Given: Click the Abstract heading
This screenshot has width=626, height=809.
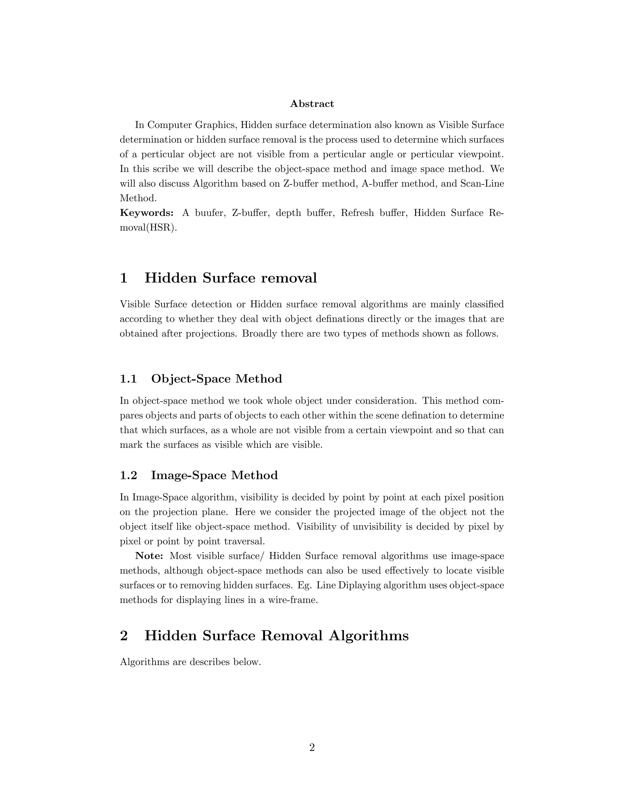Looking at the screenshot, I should pos(312,104).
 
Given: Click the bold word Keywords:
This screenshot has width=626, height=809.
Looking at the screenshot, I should pos(147,213).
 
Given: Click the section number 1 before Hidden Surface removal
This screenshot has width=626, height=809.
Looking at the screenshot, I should pos(124,278).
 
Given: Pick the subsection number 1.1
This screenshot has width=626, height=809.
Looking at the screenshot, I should pos(128,379).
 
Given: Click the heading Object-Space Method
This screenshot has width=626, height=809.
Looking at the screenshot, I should pos(217,379).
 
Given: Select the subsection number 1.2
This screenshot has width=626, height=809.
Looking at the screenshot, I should pos(128,475).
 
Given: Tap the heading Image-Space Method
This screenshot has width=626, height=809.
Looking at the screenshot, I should pos(214,475).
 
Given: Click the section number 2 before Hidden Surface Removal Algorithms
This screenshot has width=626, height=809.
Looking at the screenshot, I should pos(124,636).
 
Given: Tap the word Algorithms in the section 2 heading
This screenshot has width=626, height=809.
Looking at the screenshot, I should pos(369,636).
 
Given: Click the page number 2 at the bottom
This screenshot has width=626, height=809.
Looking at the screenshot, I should pos(312,748).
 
